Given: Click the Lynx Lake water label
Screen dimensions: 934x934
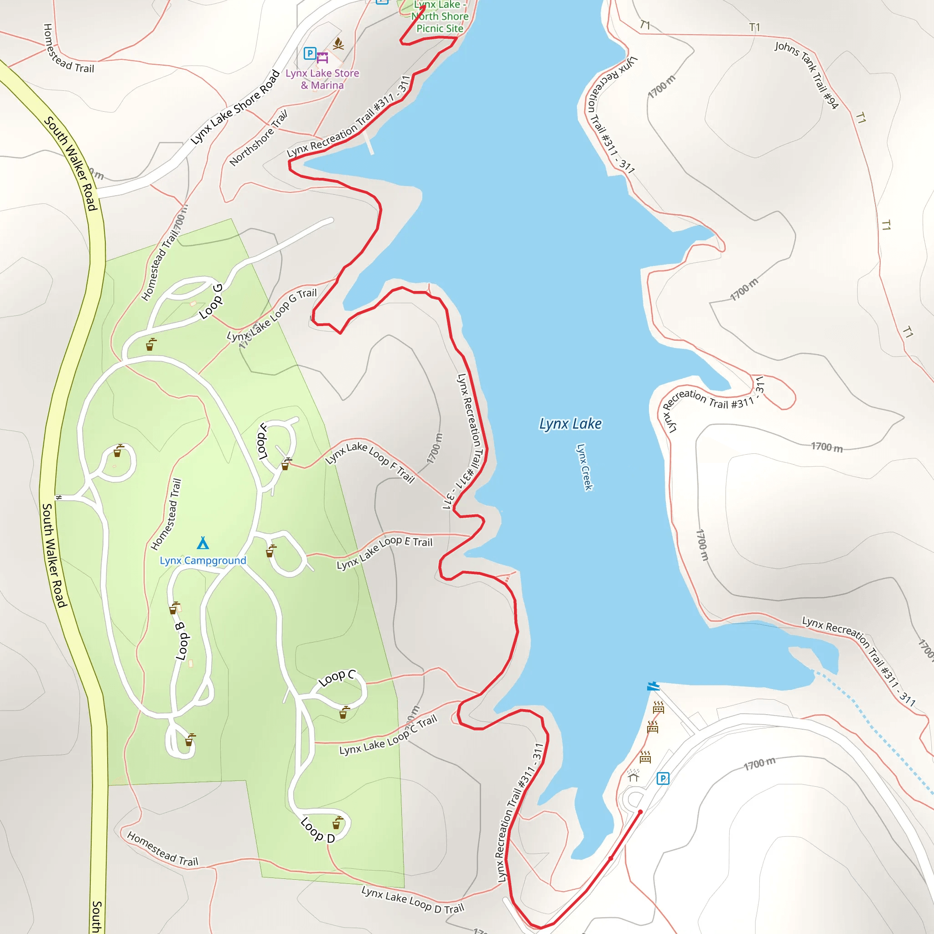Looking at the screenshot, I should click(570, 424).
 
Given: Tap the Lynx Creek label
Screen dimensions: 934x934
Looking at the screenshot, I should click(584, 467).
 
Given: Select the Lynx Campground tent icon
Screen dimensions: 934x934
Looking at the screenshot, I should click(203, 543).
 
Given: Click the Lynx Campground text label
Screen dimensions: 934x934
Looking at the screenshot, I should click(203, 560).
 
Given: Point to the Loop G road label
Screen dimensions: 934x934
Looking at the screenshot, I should click(211, 301).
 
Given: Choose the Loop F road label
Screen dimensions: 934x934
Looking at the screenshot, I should click(263, 441).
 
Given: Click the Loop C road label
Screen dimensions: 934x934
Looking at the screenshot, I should click(337, 678).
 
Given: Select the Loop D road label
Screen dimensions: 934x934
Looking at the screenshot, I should click(317, 830).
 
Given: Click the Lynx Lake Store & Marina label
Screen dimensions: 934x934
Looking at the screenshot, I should click(322, 79).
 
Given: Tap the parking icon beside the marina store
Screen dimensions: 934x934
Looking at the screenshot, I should click(310, 53).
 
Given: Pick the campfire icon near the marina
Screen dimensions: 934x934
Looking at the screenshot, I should click(338, 44).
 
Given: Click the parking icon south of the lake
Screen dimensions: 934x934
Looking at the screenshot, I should click(663, 778).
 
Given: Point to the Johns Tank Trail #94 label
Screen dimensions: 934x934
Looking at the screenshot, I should click(806, 74).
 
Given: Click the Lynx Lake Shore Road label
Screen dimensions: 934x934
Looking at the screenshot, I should click(235, 107).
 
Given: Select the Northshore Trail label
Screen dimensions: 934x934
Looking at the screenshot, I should click(259, 138).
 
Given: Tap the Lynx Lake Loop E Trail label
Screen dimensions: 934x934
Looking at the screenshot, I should click(384, 552).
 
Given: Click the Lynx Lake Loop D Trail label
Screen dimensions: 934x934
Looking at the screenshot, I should click(412, 899).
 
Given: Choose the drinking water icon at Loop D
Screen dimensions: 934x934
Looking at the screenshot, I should click(337, 823).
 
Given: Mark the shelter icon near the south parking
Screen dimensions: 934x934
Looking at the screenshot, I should click(633, 776).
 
